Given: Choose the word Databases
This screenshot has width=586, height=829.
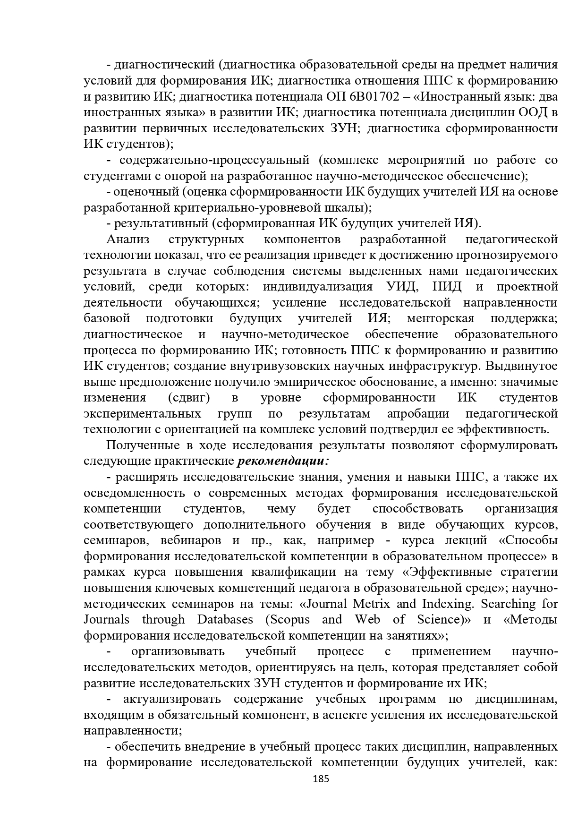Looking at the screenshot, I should tap(225, 619).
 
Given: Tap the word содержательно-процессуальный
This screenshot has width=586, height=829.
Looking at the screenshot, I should tap(214, 160).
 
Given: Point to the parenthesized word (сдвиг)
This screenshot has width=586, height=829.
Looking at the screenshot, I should tap(189, 398).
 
